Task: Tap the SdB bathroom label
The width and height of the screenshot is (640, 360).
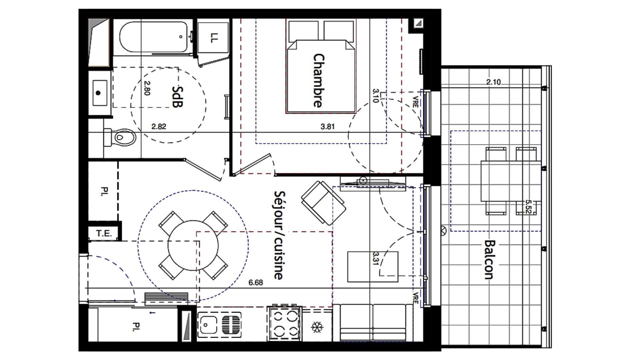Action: click(x=177, y=97)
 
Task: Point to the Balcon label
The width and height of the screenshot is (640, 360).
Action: click(x=489, y=259)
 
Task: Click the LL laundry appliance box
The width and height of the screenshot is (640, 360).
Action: click(x=213, y=38)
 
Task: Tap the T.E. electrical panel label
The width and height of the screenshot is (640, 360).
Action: click(x=104, y=233)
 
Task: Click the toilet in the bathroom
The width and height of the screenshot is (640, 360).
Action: click(x=122, y=137)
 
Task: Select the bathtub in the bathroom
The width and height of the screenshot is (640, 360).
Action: click(x=153, y=37)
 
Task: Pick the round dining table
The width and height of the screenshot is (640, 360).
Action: click(x=193, y=246)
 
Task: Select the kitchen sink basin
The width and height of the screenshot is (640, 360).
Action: click(x=207, y=324)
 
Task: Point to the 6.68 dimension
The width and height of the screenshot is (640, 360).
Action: click(x=256, y=283)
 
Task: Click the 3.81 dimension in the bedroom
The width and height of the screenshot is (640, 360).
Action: click(x=327, y=126)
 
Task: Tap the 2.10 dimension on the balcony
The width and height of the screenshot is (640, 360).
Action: click(x=493, y=82)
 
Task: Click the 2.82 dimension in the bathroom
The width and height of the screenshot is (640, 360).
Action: click(x=158, y=126)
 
